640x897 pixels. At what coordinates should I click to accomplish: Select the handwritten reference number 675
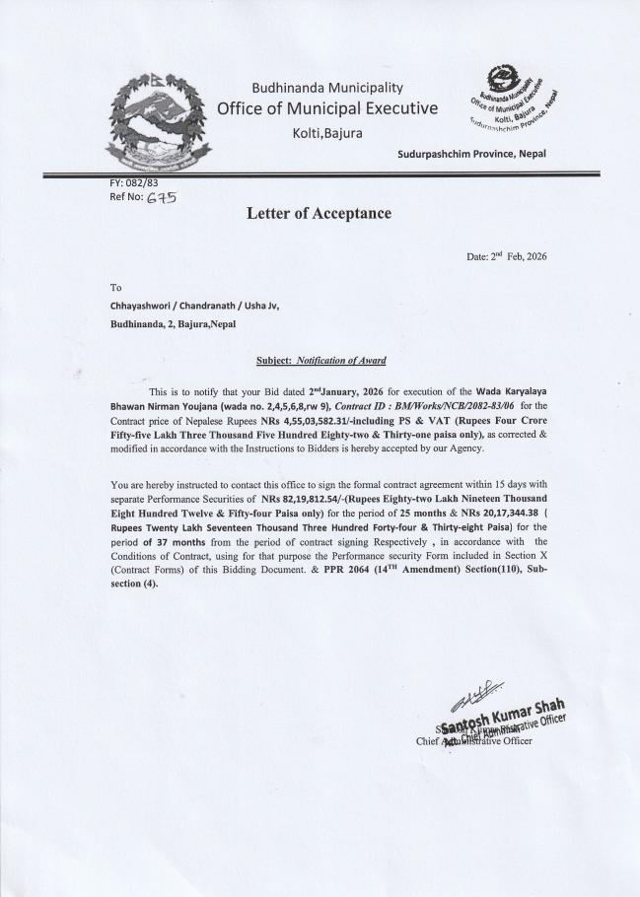click(x=162, y=197)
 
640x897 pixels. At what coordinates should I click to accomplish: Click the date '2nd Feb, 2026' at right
click(x=506, y=256)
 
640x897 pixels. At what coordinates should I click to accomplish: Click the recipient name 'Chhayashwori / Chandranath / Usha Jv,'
click(x=194, y=305)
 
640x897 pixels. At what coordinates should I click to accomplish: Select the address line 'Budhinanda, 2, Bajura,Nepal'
click(x=173, y=323)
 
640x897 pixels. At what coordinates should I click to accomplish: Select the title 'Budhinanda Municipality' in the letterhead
click(x=326, y=89)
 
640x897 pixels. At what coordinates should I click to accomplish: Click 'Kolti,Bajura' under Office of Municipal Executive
click(x=326, y=132)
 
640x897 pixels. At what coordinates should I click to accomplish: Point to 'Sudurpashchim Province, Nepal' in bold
click(x=471, y=154)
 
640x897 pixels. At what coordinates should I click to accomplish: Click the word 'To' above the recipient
click(x=115, y=288)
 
